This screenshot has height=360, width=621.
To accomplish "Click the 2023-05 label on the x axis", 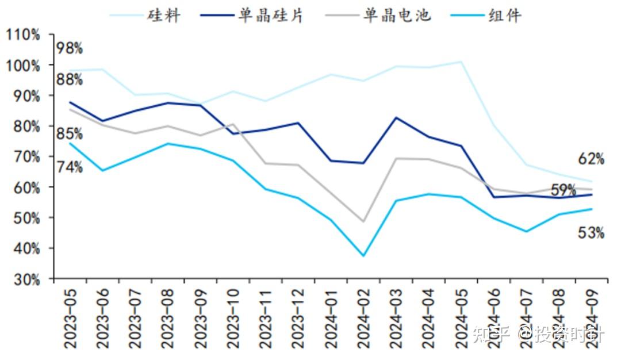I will [x=70, y=317].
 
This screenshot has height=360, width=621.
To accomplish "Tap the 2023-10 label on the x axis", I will [x=233, y=317].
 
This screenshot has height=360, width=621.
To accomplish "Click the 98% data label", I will [x=70, y=48].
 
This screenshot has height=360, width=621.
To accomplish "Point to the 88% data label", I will [x=70, y=80].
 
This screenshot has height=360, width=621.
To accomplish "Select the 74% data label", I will [x=70, y=167].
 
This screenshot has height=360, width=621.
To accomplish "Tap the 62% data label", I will [x=591, y=159].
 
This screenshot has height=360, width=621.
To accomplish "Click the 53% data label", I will [x=591, y=233].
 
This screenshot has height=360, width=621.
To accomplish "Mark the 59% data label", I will [x=563, y=190].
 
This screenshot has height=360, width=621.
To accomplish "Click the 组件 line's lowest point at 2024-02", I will [x=363, y=256].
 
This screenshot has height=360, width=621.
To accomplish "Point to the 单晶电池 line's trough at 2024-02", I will [x=363, y=221].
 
